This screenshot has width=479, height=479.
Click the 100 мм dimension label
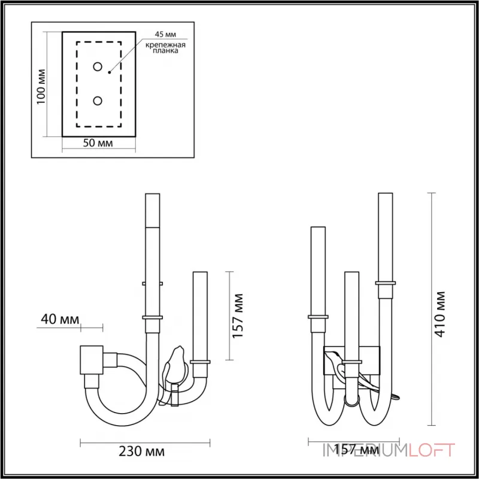pyautogui.click(x=41, y=87)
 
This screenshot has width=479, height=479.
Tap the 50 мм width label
pyautogui.click(x=98, y=143)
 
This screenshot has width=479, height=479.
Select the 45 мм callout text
pyautogui.click(x=165, y=34)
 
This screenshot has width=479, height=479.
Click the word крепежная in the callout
pyautogui.click(x=165, y=46)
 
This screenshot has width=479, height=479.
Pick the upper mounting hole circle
pyautogui.click(x=98, y=66)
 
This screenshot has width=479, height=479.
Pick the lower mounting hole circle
pyautogui.click(x=98, y=101)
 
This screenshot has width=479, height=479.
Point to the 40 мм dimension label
pyautogui.click(x=60, y=320)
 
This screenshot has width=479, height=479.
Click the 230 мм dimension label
pyautogui.click(x=141, y=451)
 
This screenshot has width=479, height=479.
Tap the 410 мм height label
pyautogui.click(x=440, y=314)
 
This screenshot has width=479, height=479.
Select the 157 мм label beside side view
pyautogui.click(x=238, y=316)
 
